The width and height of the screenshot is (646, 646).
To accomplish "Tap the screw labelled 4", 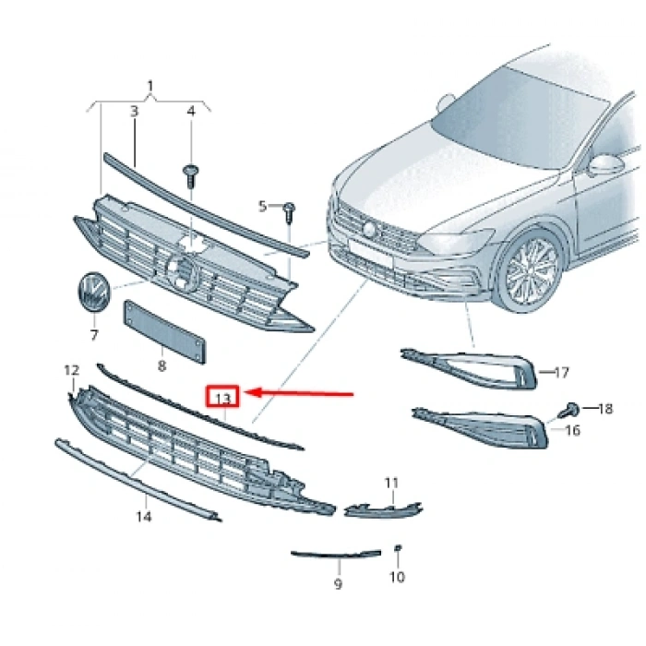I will click(192, 173).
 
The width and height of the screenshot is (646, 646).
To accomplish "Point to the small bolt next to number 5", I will click(289, 209).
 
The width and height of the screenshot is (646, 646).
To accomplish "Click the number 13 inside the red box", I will click(222, 398).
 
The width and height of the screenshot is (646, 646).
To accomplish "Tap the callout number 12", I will click(72, 371).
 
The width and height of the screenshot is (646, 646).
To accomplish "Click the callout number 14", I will click(144, 517).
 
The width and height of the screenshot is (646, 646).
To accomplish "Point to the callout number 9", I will click(338, 584).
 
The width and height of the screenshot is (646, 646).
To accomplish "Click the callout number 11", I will click(391, 483).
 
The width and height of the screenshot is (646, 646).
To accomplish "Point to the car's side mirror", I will click(605, 165).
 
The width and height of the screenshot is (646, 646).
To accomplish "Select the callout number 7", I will click(93, 335).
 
